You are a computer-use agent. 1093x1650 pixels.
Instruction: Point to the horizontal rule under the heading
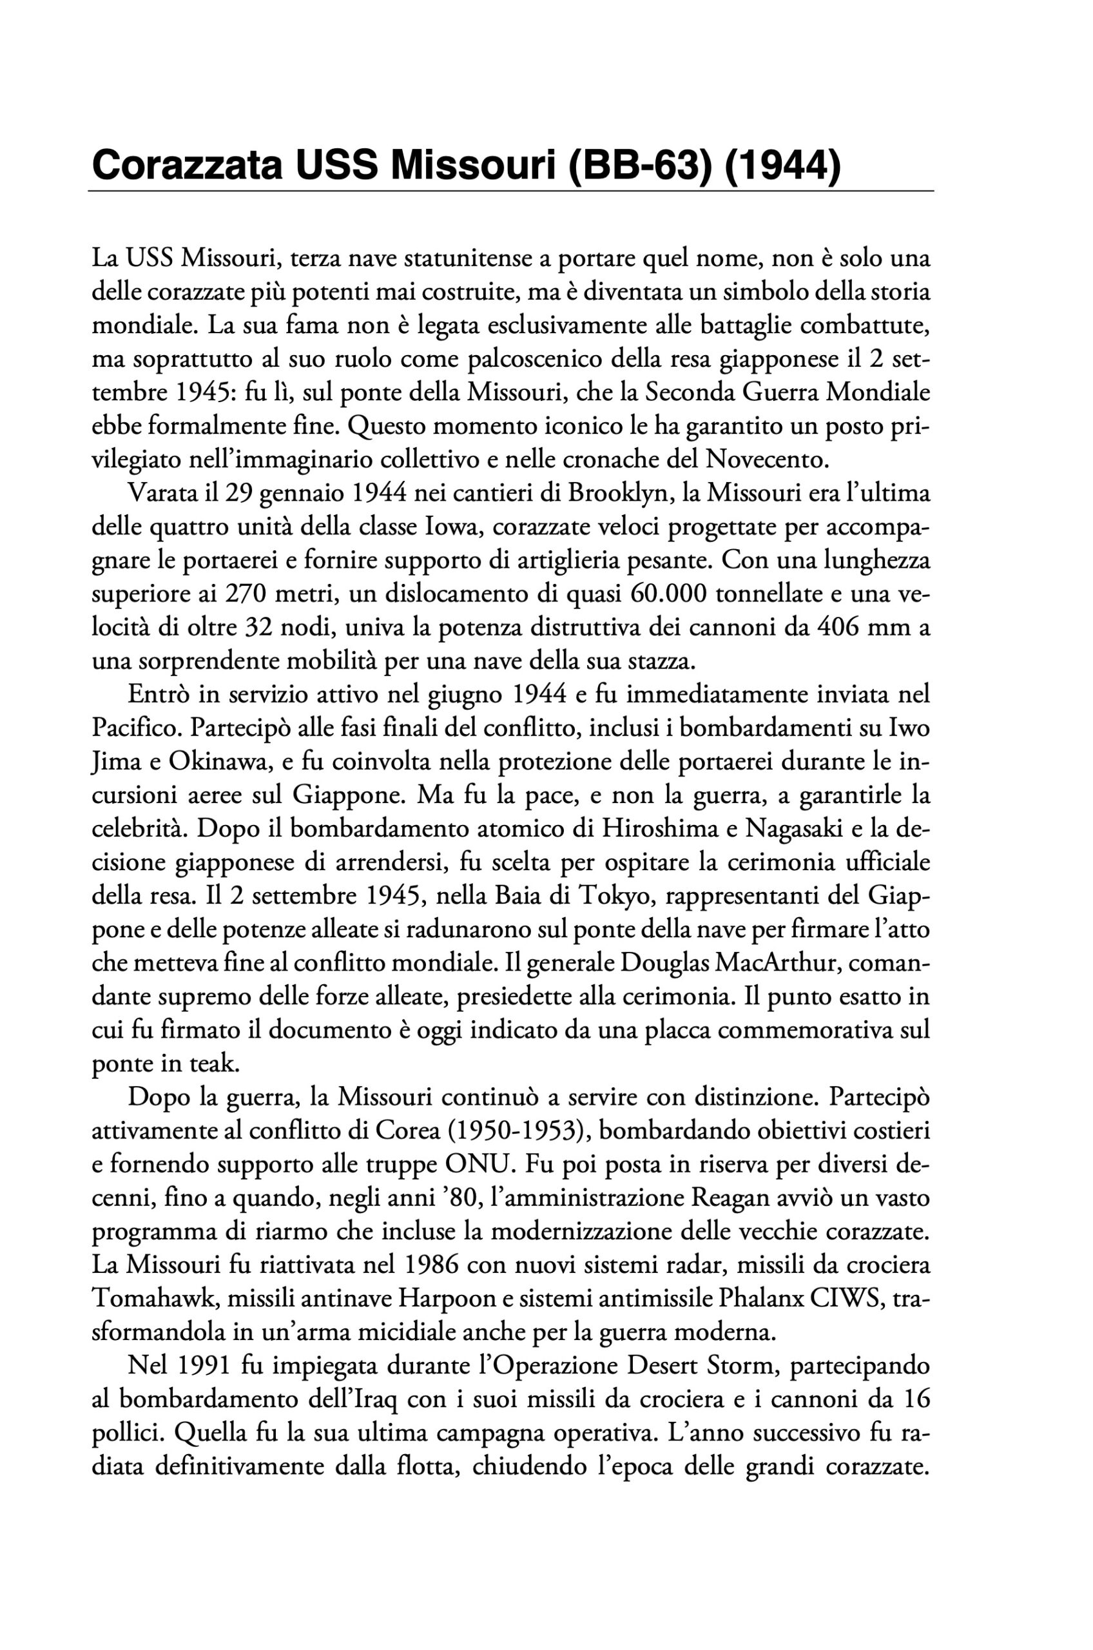point(510,190)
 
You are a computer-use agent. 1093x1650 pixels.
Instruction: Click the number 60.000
point(668,596)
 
